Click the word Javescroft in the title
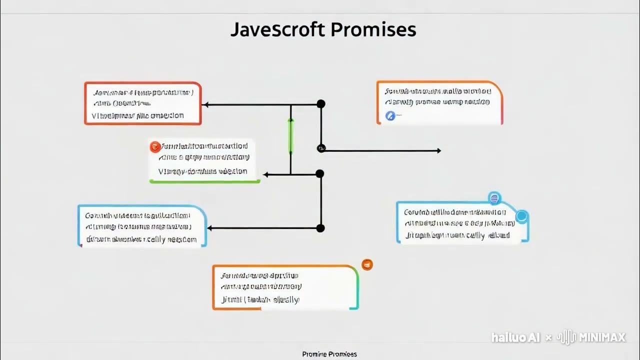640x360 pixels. click(278, 30)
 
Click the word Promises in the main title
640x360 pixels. click(373, 30)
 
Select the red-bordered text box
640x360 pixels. click(143, 103)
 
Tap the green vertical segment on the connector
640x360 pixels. click(290, 136)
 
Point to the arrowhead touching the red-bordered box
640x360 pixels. click(205, 104)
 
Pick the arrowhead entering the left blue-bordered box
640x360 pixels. click(210, 228)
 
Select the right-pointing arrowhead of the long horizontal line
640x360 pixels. click(438, 150)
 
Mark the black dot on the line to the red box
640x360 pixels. click(321, 104)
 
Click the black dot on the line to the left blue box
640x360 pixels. click(320, 228)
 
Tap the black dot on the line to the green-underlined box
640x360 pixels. click(320, 173)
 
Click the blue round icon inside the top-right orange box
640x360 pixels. click(390, 116)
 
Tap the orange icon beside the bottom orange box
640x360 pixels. click(367, 264)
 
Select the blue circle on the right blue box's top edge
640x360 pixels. click(494, 198)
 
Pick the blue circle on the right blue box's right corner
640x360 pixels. click(521, 216)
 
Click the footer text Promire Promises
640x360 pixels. click(329, 354)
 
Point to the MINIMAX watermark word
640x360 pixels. click(602, 338)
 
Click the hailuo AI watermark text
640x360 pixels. click(515, 338)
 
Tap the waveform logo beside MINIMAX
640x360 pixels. click(567, 337)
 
